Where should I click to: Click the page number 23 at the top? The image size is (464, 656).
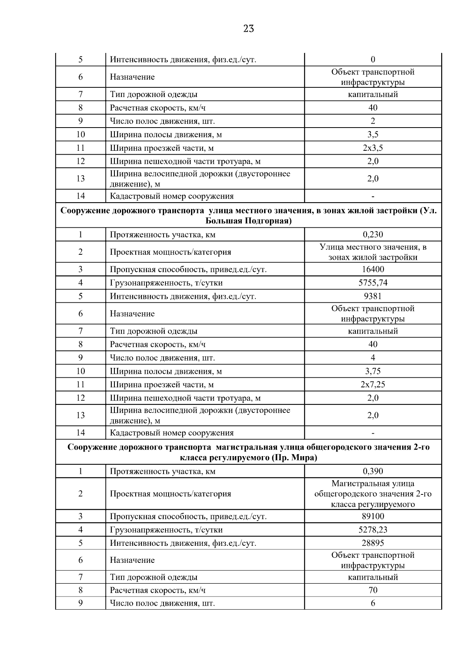pos(249,29)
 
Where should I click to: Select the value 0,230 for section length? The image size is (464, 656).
pos(373,235)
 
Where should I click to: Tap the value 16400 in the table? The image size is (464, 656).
pos(373,269)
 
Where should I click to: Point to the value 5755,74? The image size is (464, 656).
pos(373,283)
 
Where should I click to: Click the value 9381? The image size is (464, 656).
pos(373,296)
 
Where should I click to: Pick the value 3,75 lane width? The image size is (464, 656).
pos(373,371)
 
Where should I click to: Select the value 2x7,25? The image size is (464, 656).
pos(373,385)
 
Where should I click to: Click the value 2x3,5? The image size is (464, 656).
pos(373,148)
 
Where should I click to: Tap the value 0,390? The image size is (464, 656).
pos(373,471)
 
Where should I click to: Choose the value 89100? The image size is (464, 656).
pos(373,516)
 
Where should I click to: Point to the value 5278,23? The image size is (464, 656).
pos(373,530)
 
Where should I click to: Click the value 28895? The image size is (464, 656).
pos(373,543)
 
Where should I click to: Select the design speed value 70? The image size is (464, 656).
pos(373,590)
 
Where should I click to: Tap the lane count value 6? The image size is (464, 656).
pos(373,603)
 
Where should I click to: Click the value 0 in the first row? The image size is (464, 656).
pos(373,60)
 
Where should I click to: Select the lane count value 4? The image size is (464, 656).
pos(373,358)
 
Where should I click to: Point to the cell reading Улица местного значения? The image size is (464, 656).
pos(373,252)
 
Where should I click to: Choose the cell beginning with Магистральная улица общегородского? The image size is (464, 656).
pos(373,494)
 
